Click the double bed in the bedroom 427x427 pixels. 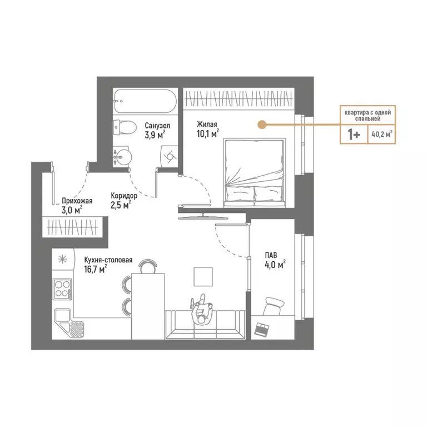(255, 172)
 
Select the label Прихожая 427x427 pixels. (77, 201)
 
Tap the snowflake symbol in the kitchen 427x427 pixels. (63, 259)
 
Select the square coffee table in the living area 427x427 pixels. (203, 276)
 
